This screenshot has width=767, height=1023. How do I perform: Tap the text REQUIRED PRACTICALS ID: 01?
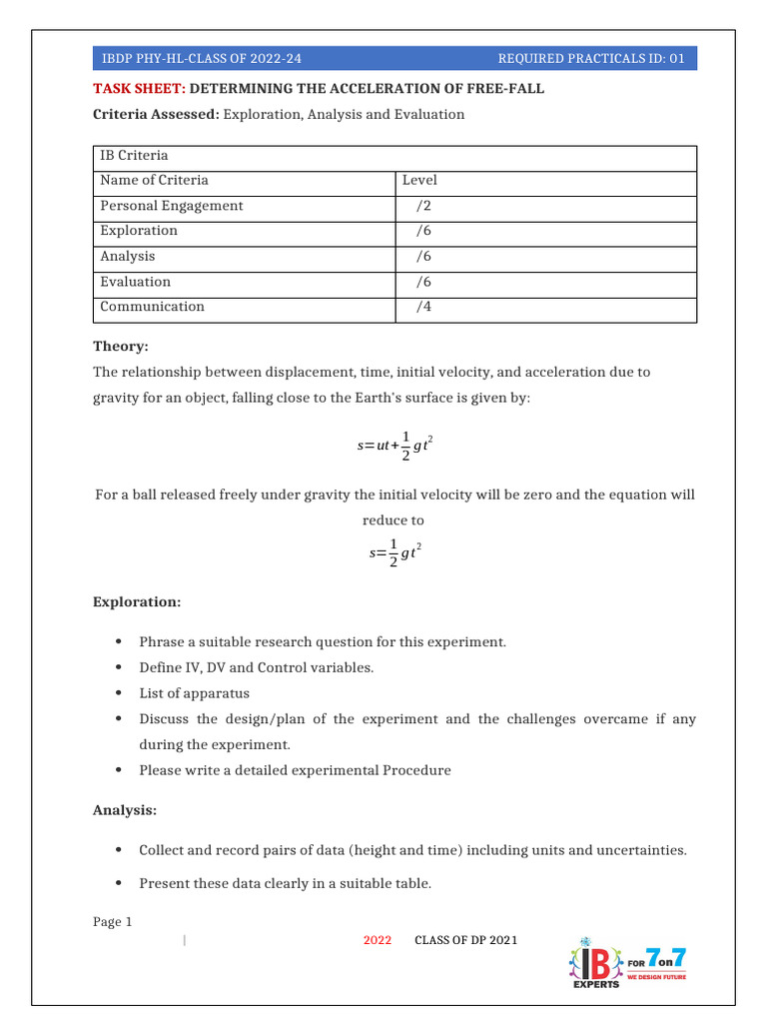[x=590, y=59]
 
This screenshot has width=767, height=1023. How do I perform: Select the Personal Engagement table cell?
[x=172, y=206]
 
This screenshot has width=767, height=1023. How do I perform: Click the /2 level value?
[x=424, y=206]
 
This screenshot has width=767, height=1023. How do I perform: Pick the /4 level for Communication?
[x=424, y=307]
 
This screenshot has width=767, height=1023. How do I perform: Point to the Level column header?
[x=419, y=181]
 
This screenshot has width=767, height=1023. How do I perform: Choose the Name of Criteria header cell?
[x=155, y=181]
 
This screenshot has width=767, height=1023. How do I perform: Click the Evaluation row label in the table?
[x=136, y=282]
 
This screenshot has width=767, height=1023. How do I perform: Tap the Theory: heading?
[x=121, y=346]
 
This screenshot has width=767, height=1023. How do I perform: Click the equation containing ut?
[x=394, y=446]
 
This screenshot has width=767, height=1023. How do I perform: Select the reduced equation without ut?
[x=394, y=551]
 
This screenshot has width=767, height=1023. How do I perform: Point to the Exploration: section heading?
[x=137, y=602]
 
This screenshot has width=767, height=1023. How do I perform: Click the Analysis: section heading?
[x=125, y=810]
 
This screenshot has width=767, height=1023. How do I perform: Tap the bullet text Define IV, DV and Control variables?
[x=256, y=667]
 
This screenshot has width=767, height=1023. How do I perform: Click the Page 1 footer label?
[x=113, y=922]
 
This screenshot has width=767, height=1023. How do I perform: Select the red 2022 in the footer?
[x=378, y=941]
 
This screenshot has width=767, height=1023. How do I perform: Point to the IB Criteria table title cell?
[x=134, y=156]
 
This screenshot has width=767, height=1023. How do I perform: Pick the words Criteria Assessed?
[x=156, y=115]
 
